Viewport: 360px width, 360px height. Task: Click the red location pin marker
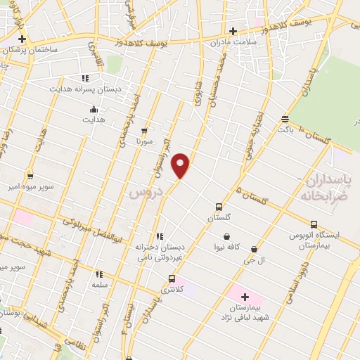point(181,165)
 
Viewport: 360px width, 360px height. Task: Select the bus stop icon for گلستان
point(219,207)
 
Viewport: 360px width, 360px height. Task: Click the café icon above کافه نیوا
point(226,236)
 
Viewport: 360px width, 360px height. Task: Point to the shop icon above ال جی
point(253,249)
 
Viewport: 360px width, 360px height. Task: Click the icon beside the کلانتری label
point(172,278)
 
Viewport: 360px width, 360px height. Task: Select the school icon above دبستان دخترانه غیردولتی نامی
point(160,236)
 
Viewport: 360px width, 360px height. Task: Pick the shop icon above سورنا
point(144,130)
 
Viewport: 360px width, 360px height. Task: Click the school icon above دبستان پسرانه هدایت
point(85,78)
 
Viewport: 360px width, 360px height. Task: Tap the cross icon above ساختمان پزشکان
point(22,39)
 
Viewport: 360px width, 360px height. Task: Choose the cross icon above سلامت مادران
point(233,30)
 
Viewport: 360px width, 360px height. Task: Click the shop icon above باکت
point(284,119)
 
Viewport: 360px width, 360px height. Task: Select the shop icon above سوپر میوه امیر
point(30,176)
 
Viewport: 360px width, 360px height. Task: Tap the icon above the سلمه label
point(99,274)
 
